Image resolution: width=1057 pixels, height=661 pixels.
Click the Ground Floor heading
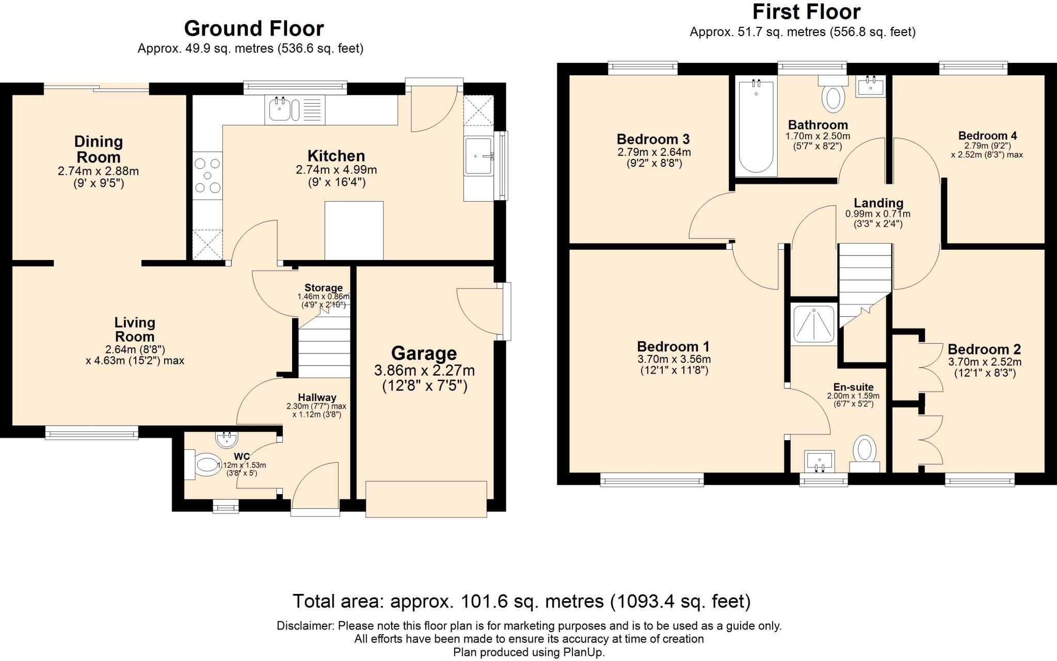pyautogui.click(x=254, y=28)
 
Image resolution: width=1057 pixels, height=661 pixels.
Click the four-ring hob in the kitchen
pyautogui.click(x=207, y=175)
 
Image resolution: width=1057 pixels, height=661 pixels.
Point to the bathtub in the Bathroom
pyautogui.click(x=756, y=128)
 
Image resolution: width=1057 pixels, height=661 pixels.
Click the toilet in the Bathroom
pyautogui.click(x=833, y=93)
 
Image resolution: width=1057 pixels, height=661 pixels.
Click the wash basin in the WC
pyautogui.click(x=227, y=440)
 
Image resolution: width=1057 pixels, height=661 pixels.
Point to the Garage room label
pyautogui.click(x=424, y=353)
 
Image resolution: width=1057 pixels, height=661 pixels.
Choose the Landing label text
pyautogui.click(x=878, y=203)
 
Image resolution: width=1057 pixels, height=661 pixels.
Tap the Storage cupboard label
pyautogui.click(x=324, y=288)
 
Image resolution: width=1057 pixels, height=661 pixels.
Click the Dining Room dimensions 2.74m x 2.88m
pyautogui.click(x=99, y=171)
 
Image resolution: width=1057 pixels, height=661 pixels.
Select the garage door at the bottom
pyautogui.click(x=426, y=499)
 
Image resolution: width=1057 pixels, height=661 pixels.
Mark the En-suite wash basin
pyautogui.click(x=820, y=461)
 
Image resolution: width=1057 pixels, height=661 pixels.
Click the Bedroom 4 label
pyautogui.click(x=987, y=136)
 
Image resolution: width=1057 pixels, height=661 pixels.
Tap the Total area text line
pyautogui.click(x=522, y=601)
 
